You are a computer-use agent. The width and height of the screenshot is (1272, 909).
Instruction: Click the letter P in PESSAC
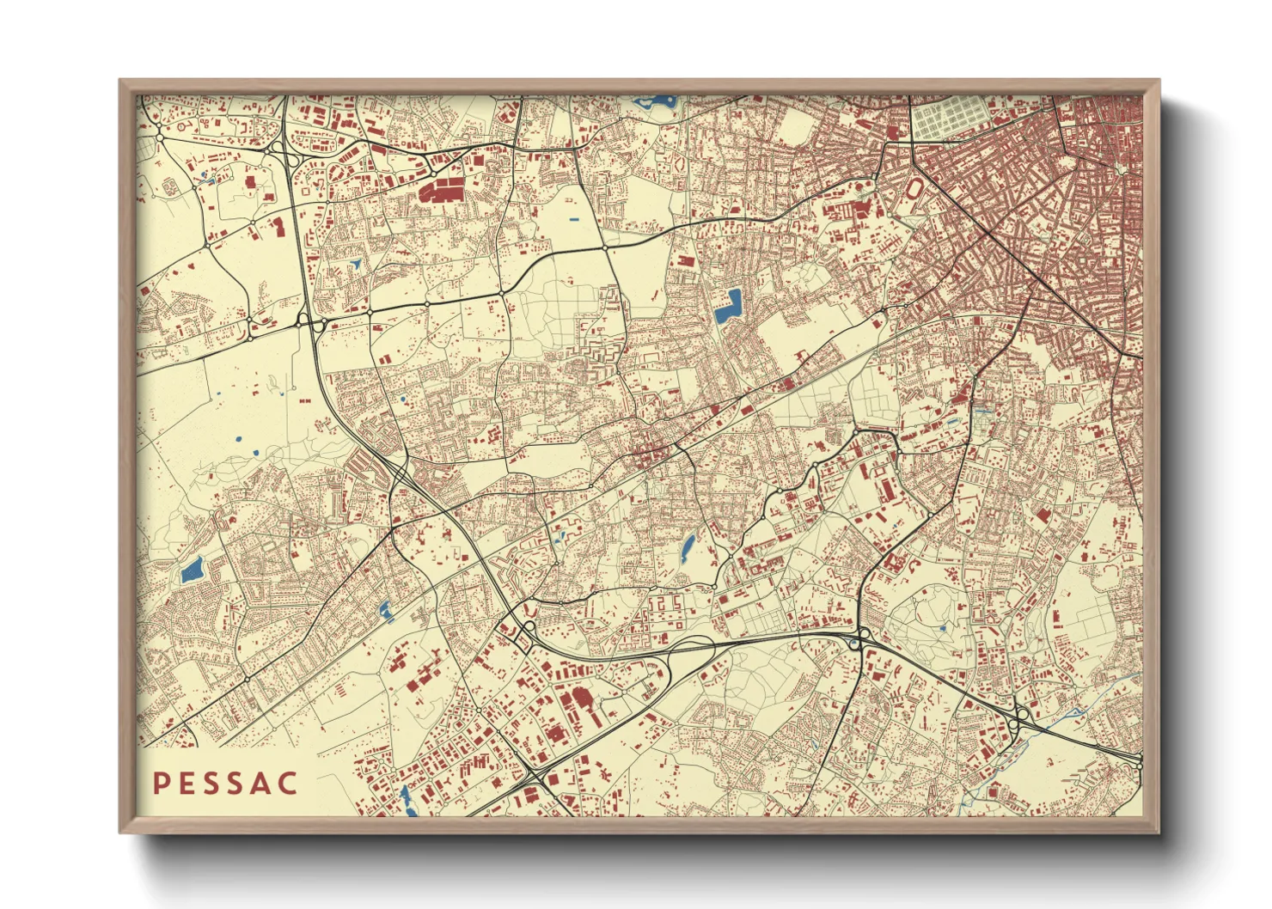coord(159,784)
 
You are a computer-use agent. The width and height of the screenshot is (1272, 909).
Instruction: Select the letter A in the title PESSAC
coord(262,784)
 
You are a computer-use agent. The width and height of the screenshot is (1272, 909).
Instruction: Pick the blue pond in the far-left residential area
coord(192,570)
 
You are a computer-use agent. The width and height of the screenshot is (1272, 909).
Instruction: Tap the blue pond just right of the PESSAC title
coord(404,798)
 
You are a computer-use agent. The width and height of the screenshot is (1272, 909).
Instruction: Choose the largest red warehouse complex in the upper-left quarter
coord(439,188)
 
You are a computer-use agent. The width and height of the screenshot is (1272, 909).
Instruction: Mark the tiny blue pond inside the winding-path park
coord(943,628)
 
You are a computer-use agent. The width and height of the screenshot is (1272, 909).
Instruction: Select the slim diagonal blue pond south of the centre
coord(688,547)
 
